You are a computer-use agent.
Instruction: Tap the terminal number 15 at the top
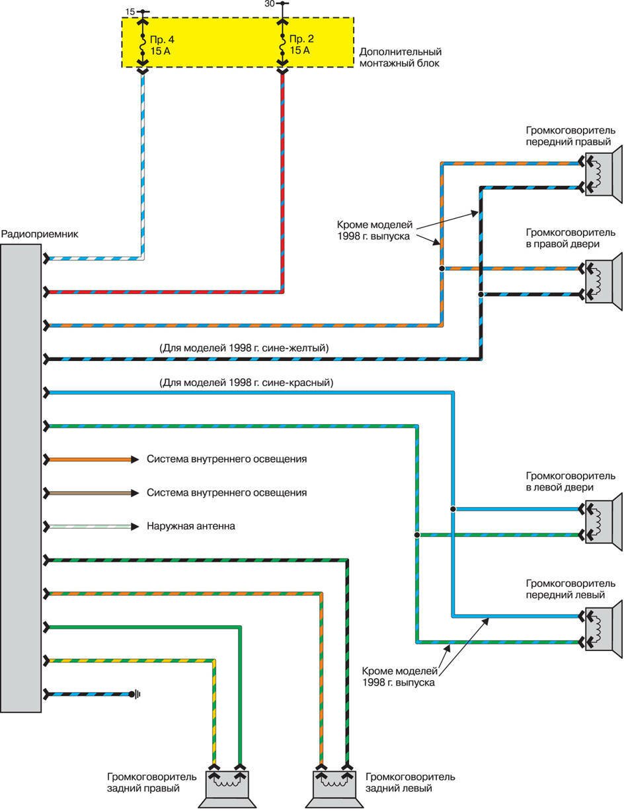pos(130,11)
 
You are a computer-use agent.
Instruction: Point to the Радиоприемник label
pos(31,234)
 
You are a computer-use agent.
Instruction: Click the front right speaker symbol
pos(602,174)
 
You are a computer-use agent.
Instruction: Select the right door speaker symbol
pos(602,281)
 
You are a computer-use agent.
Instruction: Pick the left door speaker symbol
pos(602,521)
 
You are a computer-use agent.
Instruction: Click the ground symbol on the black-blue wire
pos(137,694)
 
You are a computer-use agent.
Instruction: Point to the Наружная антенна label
pos(191,527)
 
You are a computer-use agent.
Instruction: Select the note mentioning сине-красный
pos(246,382)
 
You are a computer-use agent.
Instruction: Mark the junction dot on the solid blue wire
pos(453,509)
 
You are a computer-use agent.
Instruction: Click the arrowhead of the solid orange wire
pos(134,459)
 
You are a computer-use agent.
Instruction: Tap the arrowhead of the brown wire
pos(134,493)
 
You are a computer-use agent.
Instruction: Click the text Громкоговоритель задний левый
pos(410,783)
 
